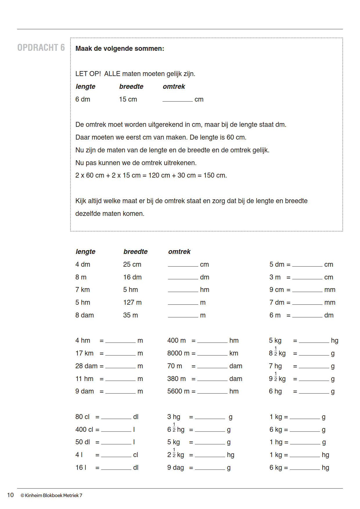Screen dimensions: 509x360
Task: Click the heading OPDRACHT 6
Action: pos(41,48)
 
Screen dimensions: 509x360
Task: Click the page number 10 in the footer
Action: pos(10,495)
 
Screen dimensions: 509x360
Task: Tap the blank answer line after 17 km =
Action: pos(120,354)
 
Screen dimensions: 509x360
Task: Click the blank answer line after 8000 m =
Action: pos(212,354)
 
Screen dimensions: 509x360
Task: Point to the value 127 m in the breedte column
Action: pos(132,302)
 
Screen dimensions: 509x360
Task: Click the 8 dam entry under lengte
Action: pos(84,315)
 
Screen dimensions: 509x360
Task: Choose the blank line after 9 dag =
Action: pos(210,468)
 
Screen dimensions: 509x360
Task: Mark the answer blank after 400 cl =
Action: pos(116,430)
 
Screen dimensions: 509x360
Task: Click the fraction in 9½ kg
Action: pos(276,376)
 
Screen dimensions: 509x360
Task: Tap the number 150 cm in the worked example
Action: pos(215,175)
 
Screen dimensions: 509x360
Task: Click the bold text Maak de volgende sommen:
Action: pos(120,48)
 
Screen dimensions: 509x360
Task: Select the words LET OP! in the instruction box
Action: pos(88,74)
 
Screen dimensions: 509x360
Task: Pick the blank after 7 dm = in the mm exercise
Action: pos(307,303)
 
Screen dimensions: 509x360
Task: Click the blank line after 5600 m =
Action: pos(212,392)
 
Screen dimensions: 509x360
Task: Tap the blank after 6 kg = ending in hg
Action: pos(305,468)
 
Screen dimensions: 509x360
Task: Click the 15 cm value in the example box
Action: pos(128,99)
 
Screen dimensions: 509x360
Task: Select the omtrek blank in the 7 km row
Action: pos(183,290)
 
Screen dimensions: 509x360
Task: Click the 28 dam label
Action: pos(86,366)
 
